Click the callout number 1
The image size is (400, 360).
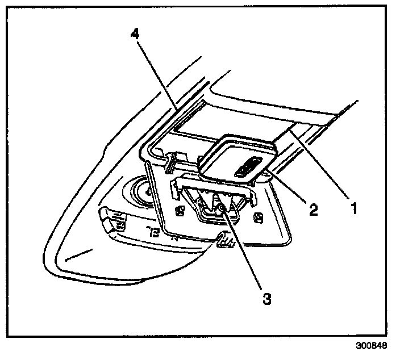tap(353, 208)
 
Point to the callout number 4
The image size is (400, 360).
tap(135, 34)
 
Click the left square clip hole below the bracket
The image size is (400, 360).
tap(180, 212)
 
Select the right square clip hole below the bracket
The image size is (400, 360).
tap(259, 216)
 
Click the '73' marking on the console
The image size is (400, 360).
tap(152, 232)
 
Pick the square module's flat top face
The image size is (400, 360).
tap(233, 156)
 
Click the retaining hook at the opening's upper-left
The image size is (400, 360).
tap(170, 162)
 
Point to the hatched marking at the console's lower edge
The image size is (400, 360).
tap(224, 242)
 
